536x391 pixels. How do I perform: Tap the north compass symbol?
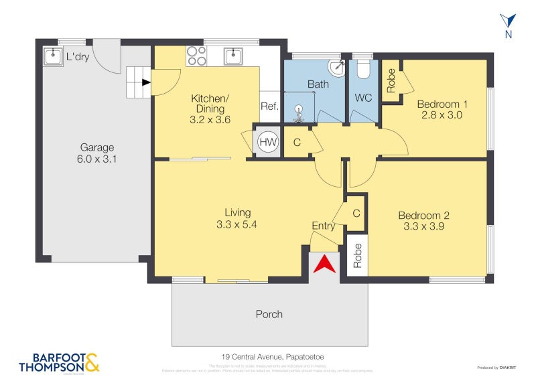(x=509, y=23)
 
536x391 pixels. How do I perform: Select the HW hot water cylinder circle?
(x=267, y=141)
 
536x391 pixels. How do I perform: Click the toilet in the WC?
(x=364, y=69)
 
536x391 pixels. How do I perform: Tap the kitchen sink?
(x=233, y=56)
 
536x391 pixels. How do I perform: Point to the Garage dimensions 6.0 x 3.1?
(x=97, y=160)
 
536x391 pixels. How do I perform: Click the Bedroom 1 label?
(x=442, y=104)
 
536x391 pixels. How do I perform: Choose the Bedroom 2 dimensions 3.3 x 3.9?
(x=423, y=226)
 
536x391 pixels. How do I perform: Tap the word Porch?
(x=269, y=314)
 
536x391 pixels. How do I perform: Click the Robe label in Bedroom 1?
(x=391, y=80)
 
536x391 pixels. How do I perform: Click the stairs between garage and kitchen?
(x=139, y=82)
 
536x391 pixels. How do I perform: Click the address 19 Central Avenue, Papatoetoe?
(x=268, y=357)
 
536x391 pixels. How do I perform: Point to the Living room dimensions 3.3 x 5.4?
(x=237, y=225)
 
